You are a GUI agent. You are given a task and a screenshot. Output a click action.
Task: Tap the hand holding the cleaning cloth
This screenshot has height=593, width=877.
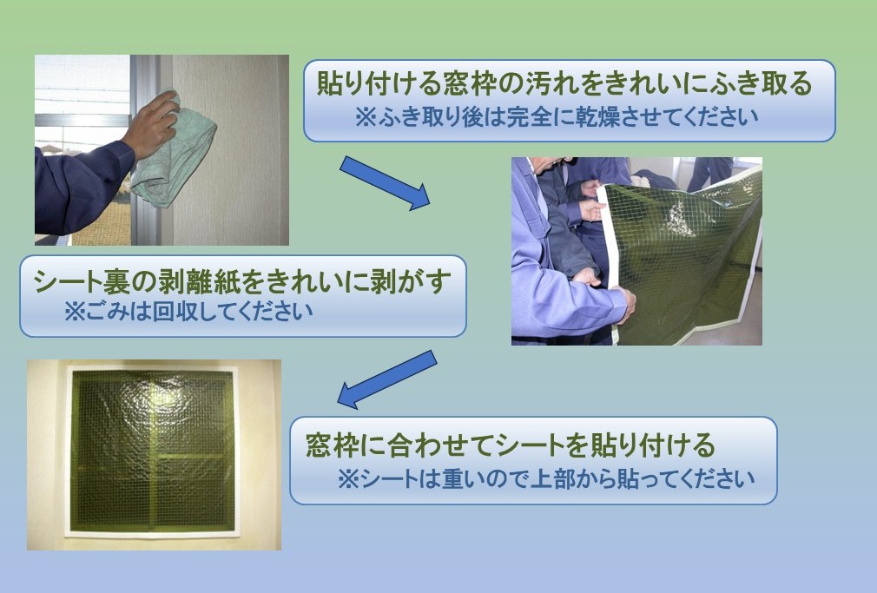[x=151, y=124]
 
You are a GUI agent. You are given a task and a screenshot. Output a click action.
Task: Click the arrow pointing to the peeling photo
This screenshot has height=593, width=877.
[x=385, y=183]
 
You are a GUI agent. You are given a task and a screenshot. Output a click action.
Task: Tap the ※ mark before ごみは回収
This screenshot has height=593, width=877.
[x=73, y=312]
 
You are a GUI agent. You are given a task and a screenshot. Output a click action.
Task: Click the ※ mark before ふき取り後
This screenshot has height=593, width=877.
[x=366, y=117]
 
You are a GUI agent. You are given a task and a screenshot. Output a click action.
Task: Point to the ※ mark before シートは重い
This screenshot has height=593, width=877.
[x=347, y=479]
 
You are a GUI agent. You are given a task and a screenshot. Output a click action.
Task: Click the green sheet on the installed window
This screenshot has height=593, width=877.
[x=153, y=451]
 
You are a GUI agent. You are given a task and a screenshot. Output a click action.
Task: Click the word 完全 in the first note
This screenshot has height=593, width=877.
[x=529, y=117]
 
